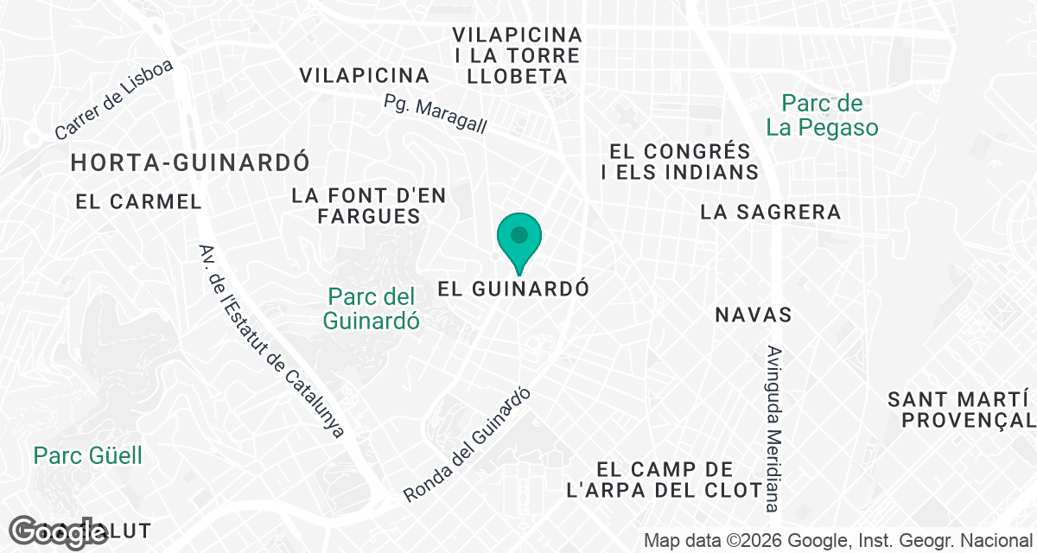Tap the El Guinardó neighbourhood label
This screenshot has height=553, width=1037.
pyautogui.click(x=513, y=289)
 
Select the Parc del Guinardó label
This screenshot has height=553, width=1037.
pyautogui.click(x=372, y=308)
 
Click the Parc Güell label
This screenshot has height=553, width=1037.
pyautogui.click(x=88, y=455)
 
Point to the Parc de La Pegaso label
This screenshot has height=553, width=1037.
pyautogui.click(x=822, y=116)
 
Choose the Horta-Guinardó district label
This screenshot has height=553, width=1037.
pyautogui.click(x=190, y=162)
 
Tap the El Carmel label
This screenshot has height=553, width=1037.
pyautogui.click(x=138, y=202)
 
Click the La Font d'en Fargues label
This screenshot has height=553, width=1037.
pyautogui.click(x=369, y=206)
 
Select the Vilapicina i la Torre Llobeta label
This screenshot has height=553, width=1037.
pyautogui.click(x=518, y=55)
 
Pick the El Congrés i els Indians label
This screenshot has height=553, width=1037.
pyautogui.click(x=680, y=161)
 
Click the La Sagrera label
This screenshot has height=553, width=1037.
pyautogui.click(x=771, y=212)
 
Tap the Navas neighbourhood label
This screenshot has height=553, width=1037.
pyautogui.click(x=754, y=315)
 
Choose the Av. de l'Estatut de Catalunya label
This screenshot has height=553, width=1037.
pyautogui.click(x=270, y=340)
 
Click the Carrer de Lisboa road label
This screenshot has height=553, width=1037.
pyautogui.click(x=114, y=100)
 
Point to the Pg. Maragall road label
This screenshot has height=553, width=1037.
pyautogui.click(x=436, y=114)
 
